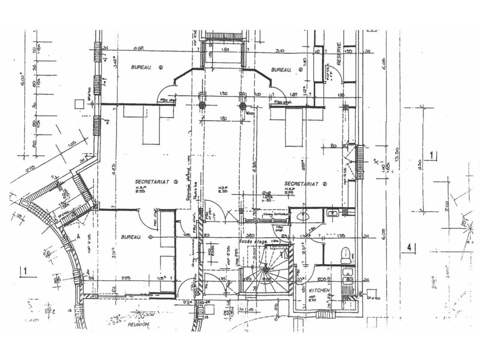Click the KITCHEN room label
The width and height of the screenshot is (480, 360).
click(319, 291)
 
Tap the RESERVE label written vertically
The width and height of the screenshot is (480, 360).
click(339, 54)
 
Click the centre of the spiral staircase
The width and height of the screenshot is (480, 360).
click(265, 269)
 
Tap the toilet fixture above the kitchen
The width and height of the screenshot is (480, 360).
click(345, 255)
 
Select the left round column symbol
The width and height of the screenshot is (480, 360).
click(202, 106)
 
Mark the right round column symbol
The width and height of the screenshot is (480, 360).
click(243, 106)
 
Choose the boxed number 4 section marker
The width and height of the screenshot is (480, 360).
click(409, 247)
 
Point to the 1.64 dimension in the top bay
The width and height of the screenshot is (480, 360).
click(225, 50)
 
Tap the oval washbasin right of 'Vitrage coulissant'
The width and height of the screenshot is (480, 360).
click(302, 216)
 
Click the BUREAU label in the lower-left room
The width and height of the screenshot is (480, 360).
click(131, 237)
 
